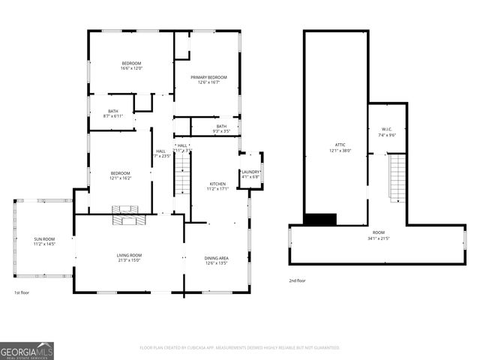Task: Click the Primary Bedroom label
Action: (208, 80)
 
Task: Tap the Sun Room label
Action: (44, 241)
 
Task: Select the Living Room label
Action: (129, 258)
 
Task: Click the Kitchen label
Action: (217, 186)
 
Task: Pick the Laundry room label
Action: (250, 175)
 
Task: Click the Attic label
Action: (335, 148)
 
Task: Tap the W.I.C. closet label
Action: (387, 133)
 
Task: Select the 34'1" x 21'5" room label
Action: (378, 235)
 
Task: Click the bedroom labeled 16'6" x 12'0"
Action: (131, 65)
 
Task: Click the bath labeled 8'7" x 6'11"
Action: (112, 114)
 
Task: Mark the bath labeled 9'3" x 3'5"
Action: (222, 129)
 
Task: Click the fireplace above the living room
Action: (124, 215)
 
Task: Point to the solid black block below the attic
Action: (319, 219)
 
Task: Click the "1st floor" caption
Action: (22, 292)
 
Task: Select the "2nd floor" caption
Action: (298, 280)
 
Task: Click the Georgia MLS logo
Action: (27, 351)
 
